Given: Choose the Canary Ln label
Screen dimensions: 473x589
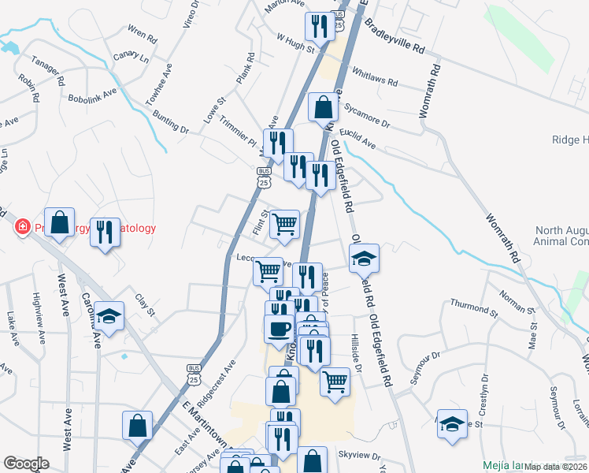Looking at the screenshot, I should click(131, 57).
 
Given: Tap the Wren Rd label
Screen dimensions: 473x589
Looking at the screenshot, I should click(143, 34).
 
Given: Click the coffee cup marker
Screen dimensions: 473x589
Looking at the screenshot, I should click(277, 328).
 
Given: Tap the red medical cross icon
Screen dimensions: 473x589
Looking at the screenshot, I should click(23, 228).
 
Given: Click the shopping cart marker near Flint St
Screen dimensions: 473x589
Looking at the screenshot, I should click(284, 224).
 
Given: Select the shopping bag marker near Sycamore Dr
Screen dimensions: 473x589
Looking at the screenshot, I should click(323, 106).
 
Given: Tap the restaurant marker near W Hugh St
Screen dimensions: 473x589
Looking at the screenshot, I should click(320, 26).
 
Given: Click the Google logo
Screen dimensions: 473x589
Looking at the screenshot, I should click(25, 464).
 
